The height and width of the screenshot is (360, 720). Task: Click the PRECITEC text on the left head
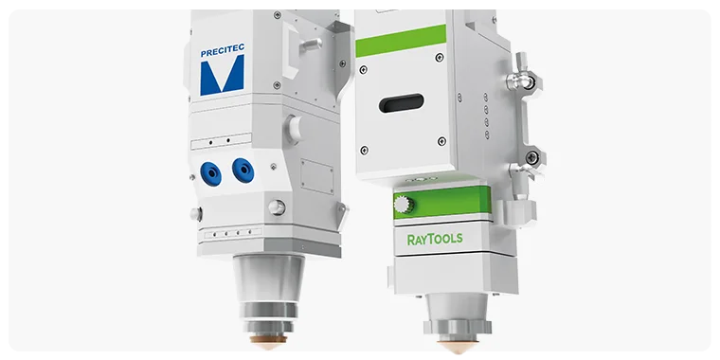[x=222, y=54]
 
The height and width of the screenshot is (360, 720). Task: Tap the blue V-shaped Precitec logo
[x=222, y=76]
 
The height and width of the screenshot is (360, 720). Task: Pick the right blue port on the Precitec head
[x=243, y=171]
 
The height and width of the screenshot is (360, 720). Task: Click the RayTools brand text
[x=435, y=238]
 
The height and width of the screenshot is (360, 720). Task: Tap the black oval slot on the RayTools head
[x=401, y=102]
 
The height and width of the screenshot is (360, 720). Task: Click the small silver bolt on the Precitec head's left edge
[x=196, y=214]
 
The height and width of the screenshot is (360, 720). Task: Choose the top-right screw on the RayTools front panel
[x=439, y=59]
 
